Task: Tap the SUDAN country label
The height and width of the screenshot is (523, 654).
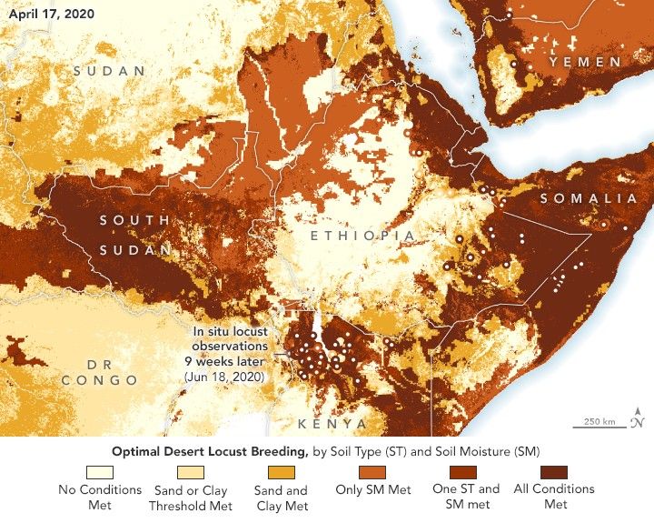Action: click(x=109, y=71)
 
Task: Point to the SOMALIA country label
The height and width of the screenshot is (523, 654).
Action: click(x=589, y=198)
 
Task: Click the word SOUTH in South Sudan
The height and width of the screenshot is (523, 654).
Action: click(x=134, y=220)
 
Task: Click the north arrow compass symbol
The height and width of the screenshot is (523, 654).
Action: click(x=639, y=417)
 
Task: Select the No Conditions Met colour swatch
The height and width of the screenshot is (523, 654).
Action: click(x=100, y=472)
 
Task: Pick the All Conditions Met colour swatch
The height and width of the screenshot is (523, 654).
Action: click(x=554, y=472)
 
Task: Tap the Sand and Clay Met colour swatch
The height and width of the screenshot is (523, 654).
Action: click(x=282, y=472)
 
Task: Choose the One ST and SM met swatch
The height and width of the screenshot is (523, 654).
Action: click(x=463, y=472)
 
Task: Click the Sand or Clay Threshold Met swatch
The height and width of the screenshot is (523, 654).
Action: click(x=191, y=472)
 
